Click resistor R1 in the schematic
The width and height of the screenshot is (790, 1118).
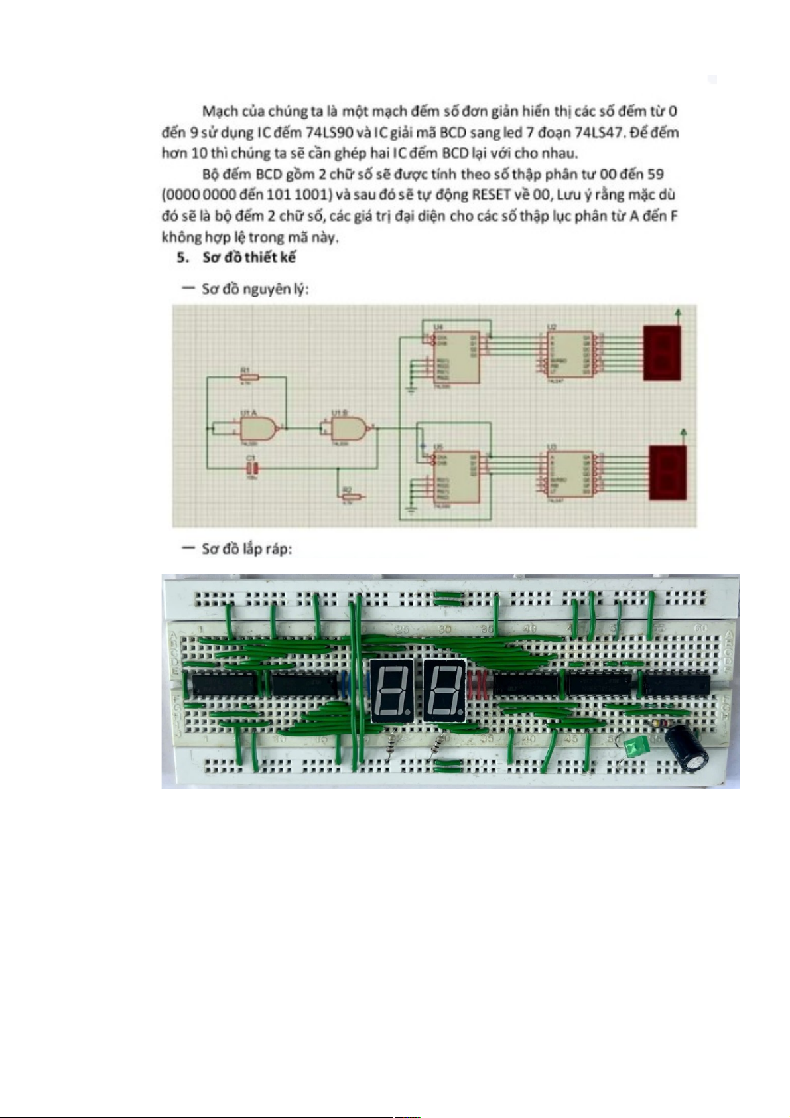click(x=249, y=377)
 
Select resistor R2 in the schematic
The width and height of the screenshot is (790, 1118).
click(x=351, y=496)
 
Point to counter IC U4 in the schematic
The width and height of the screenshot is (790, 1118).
click(x=456, y=357)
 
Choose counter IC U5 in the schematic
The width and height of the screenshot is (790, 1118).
click(x=456, y=476)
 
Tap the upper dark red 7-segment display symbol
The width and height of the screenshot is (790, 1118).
click(x=661, y=353)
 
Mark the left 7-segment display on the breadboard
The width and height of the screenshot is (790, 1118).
click(x=391, y=691)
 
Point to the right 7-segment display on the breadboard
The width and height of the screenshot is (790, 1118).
click(x=444, y=691)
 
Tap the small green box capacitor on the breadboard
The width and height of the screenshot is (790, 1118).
click(x=635, y=748)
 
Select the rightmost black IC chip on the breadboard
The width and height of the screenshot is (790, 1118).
click(x=676, y=684)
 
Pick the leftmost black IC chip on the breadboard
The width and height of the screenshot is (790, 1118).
click(x=224, y=684)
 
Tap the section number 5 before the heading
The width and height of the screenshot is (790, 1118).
click(x=182, y=257)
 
